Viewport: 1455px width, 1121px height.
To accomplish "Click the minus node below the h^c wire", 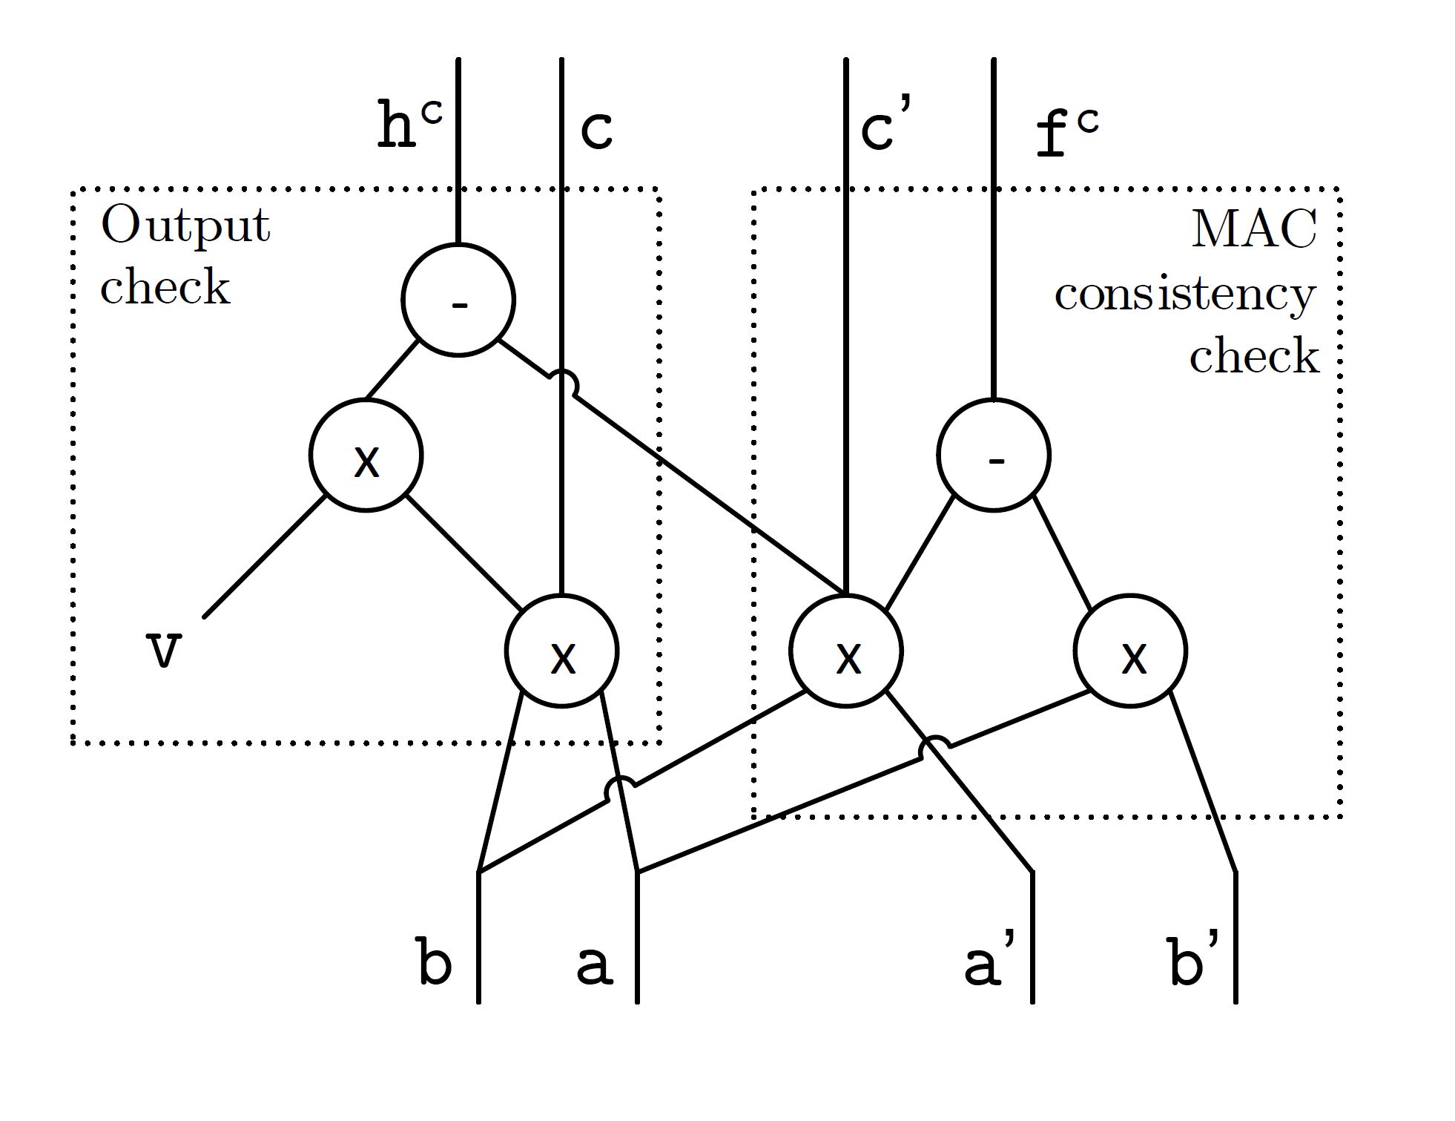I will coord(458,300).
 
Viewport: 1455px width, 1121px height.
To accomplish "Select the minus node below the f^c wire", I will coord(993,455).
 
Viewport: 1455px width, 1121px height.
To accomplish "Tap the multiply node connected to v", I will coord(366,455).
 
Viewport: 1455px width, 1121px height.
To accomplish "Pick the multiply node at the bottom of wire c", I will coord(561,651).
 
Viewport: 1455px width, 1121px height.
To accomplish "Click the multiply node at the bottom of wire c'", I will coord(845,651).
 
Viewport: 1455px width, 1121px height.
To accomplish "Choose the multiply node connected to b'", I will coord(1130,651).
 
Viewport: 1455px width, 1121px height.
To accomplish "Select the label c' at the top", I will coord(885,128).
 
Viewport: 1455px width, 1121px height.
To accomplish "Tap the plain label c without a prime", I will coord(596,131).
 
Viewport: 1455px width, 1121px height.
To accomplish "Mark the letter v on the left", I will coord(163,651).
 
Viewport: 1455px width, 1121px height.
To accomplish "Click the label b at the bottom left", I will coord(435,962).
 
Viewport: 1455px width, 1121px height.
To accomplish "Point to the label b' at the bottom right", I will coord(1192,962).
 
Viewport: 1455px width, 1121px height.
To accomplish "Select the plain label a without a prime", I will coord(595,964).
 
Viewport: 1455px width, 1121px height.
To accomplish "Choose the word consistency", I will coord(1184,295).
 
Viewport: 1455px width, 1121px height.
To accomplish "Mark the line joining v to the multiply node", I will coord(265,556).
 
